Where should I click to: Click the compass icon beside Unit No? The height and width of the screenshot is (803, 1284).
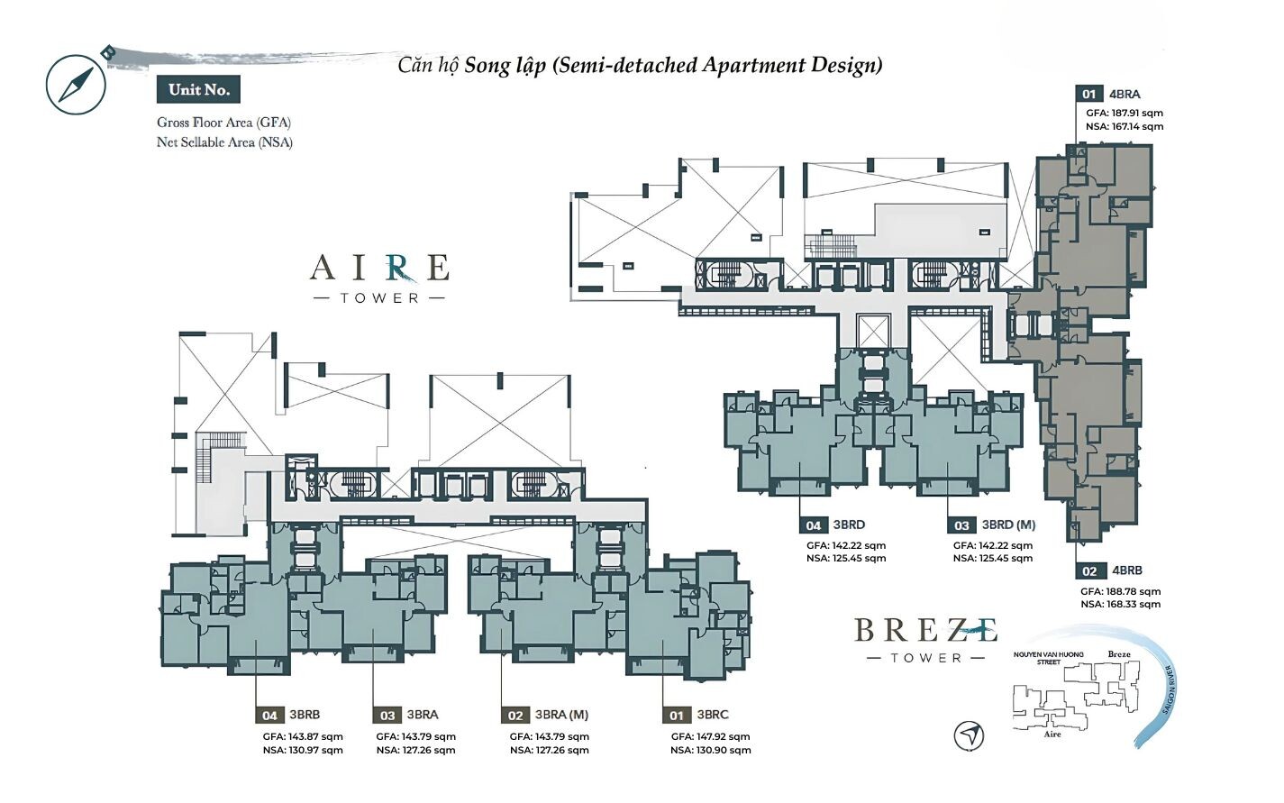(77, 84)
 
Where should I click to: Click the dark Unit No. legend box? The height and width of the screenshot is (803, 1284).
(198, 89)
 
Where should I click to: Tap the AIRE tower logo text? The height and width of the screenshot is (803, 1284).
(379, 278)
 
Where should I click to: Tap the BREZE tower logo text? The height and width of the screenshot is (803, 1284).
(925, 640)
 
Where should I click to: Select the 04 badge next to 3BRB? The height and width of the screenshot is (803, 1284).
(270, 715)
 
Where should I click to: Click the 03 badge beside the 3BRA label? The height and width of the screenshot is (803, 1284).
(387, 715)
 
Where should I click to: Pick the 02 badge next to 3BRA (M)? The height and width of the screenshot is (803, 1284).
(515, 715)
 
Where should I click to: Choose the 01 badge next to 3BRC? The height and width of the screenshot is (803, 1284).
(677, 715)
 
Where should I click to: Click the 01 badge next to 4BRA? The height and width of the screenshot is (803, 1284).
(1089, 94)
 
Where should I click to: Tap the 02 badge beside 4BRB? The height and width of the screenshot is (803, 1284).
(1089, 570)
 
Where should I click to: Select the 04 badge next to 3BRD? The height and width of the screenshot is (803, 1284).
(814, 525)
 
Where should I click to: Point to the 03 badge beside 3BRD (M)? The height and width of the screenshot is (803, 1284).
(961, 525)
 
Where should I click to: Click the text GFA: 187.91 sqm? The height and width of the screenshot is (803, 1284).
(1125, 114)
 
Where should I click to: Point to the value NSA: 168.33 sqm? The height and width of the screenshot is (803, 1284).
(1121, 604)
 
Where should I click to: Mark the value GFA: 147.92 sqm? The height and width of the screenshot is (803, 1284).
(710, 736)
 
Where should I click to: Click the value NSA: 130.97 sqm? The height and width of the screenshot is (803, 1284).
(304, 750)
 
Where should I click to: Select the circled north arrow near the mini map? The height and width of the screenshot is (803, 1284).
(969, 735)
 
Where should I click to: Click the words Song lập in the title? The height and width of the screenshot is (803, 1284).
(505, 66)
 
